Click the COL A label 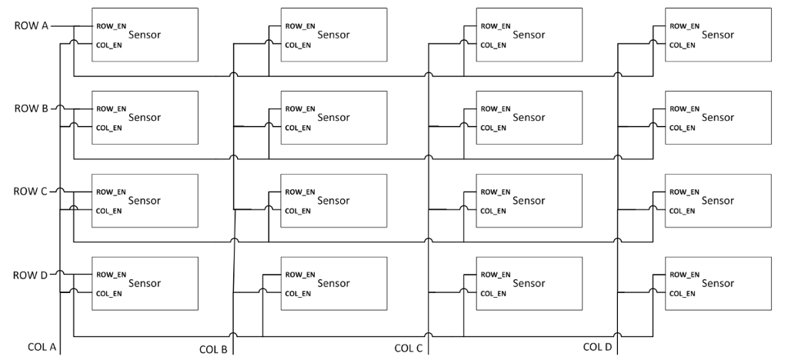pyautogui.click(x=42, y=348)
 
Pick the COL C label pyautogui.click(x=409, y=348)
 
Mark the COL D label pyautogui.click(x=597, y=347)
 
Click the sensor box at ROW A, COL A pyautogui.click(x=145, y=35)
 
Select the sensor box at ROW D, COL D pyautogui.click(x=717, y=283)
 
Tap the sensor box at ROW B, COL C pyautogui.click(x=529, y=118)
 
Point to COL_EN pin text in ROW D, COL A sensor pyautogui.click(x=109, y=293)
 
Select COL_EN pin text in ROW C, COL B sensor pyautogui.click(x=298, y=210)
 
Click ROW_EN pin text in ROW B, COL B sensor pyautogui.click(x=299, y=108)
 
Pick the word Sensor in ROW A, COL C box pyautogui.click(x=529, y=35)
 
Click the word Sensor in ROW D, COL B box pyautogui.click(x=333, y=283)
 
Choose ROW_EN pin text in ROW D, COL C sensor pyautogui.click(x=494, y=274)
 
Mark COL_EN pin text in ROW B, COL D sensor pyautogui.click(x=682, y=127)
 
